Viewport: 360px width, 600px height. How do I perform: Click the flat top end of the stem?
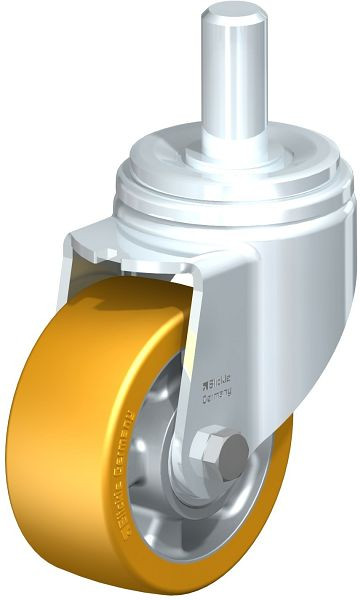coord(235,15)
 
